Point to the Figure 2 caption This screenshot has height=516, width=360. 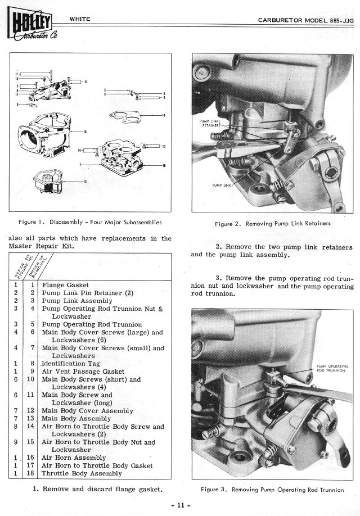pyautogui.click(x=273, y=223)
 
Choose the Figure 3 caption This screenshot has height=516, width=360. pyautogui.click(x=273, y=490)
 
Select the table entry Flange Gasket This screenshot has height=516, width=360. pyautogui.click(x=65, y=285)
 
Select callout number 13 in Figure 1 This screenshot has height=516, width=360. pyautogui.click(x=85, y=182)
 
